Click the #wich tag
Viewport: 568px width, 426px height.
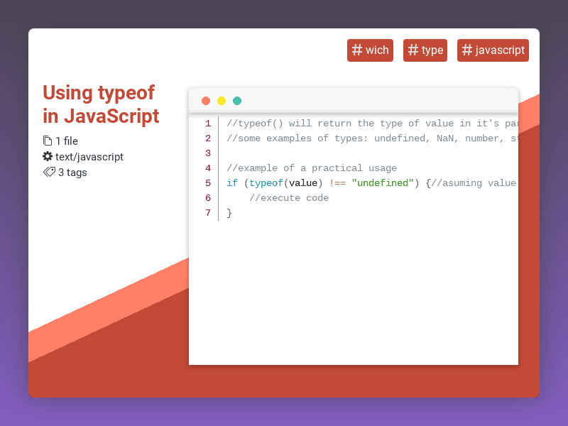click(370, 50)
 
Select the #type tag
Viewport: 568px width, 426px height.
click(425, 50)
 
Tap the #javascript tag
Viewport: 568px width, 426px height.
click(493, 50)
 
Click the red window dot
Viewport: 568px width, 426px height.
click(206, 101)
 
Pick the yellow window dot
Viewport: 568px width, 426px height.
click(222, 101)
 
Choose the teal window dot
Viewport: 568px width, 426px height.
click(237, 101)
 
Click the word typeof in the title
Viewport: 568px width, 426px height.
click(126, 93)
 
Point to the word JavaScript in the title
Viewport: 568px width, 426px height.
click(111, 116)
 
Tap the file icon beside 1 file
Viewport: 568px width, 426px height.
click(48, 141)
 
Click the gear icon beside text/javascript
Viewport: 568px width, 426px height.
click(48, 156)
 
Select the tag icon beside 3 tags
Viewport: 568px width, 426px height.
click(49, 172)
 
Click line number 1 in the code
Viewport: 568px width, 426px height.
click(208, 124)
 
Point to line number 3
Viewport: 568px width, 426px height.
click(208, 153)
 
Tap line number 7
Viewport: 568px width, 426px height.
click(208, 213)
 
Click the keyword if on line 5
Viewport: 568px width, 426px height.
click(232, 183)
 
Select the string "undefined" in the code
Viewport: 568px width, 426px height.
click(383, 183)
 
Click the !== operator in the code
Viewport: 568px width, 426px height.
click(337, 183)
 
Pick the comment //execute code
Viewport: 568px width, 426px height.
click(289, 198)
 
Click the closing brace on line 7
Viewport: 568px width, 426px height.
click(229, 213)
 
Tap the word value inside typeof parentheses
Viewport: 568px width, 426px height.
click(303, 183)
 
